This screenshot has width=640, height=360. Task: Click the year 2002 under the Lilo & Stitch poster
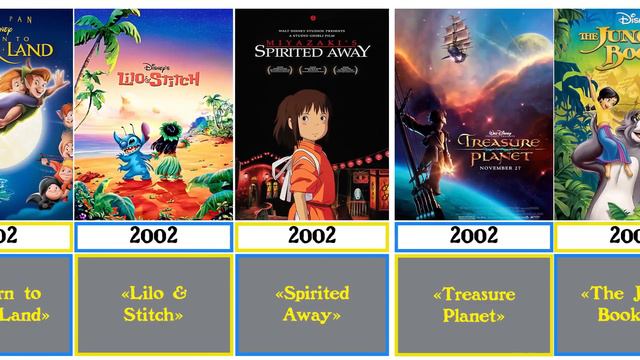click(x=153, y=236)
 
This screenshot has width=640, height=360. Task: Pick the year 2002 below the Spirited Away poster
click(x=312, y=236)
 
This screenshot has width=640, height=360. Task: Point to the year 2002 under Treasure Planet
click(x=473, y=236)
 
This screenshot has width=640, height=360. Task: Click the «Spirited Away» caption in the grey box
click(x=312, y=304)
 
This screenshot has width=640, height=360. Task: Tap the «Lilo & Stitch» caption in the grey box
click(x=153, y=304)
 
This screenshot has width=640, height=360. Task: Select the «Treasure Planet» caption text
click(x=473, y=304)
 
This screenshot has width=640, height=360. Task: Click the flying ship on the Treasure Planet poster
click(x=461, y=39)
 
